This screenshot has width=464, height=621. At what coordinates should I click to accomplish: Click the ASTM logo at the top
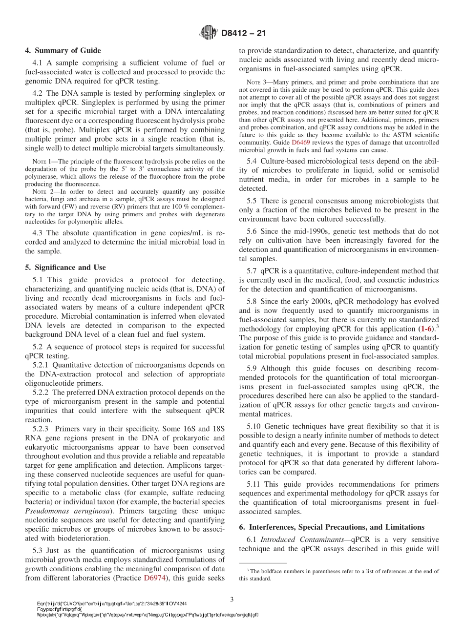point(209,34)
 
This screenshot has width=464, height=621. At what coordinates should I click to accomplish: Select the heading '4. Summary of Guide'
point(63,51)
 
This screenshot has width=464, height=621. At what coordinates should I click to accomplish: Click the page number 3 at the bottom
point(232,599)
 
